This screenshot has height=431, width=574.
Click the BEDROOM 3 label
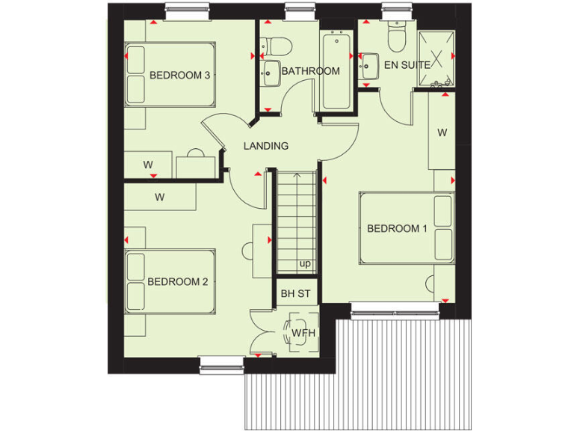click(179, 75)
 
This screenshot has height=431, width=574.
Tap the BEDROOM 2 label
click(177, 281)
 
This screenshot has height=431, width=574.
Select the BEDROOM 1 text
click(397, 228)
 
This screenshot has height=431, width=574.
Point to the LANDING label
click(266, 146)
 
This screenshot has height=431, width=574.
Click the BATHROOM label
click(310, 71)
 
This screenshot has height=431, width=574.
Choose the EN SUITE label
click(407, 65)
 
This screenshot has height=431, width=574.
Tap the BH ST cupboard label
click(295, 294)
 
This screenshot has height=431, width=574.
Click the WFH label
click(302, 332)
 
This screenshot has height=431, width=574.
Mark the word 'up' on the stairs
click(304, 263)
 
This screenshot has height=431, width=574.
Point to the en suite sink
click(367, 67)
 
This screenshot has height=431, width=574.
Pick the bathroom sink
click(270, 73)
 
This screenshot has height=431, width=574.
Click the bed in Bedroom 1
click(407, 228)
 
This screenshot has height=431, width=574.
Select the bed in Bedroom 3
click(170, 75)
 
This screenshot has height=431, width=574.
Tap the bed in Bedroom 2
click(170, 282)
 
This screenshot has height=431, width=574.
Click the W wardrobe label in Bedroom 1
click(442, 132)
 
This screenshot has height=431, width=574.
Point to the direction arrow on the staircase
click(297, 178)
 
